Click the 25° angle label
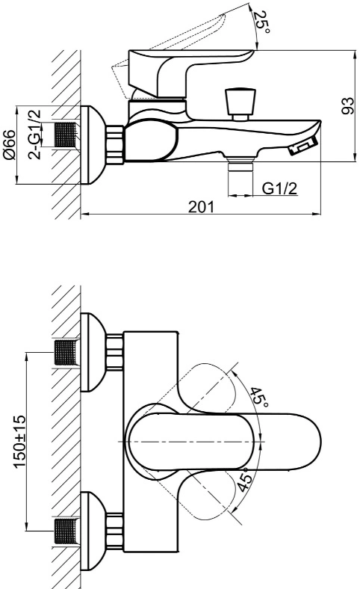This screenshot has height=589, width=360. [261, 22]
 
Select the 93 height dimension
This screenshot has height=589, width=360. [347, 105]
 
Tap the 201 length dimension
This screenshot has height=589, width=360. [201, 206]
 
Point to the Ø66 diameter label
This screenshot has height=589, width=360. [10, 145]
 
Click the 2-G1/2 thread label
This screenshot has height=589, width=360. [34, 135]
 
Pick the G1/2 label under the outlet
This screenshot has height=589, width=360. [279, 188]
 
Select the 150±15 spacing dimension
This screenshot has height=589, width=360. [19, 441]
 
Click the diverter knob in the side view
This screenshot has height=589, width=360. [240, 104]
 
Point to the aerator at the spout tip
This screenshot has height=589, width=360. [303, 146]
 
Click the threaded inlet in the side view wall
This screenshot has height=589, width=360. [66, 135]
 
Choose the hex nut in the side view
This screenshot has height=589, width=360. [115, 144]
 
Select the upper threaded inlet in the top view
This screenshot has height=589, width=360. [66, 352]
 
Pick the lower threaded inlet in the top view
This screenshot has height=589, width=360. [66, 531]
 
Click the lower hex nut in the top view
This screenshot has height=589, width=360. [115, 531]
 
